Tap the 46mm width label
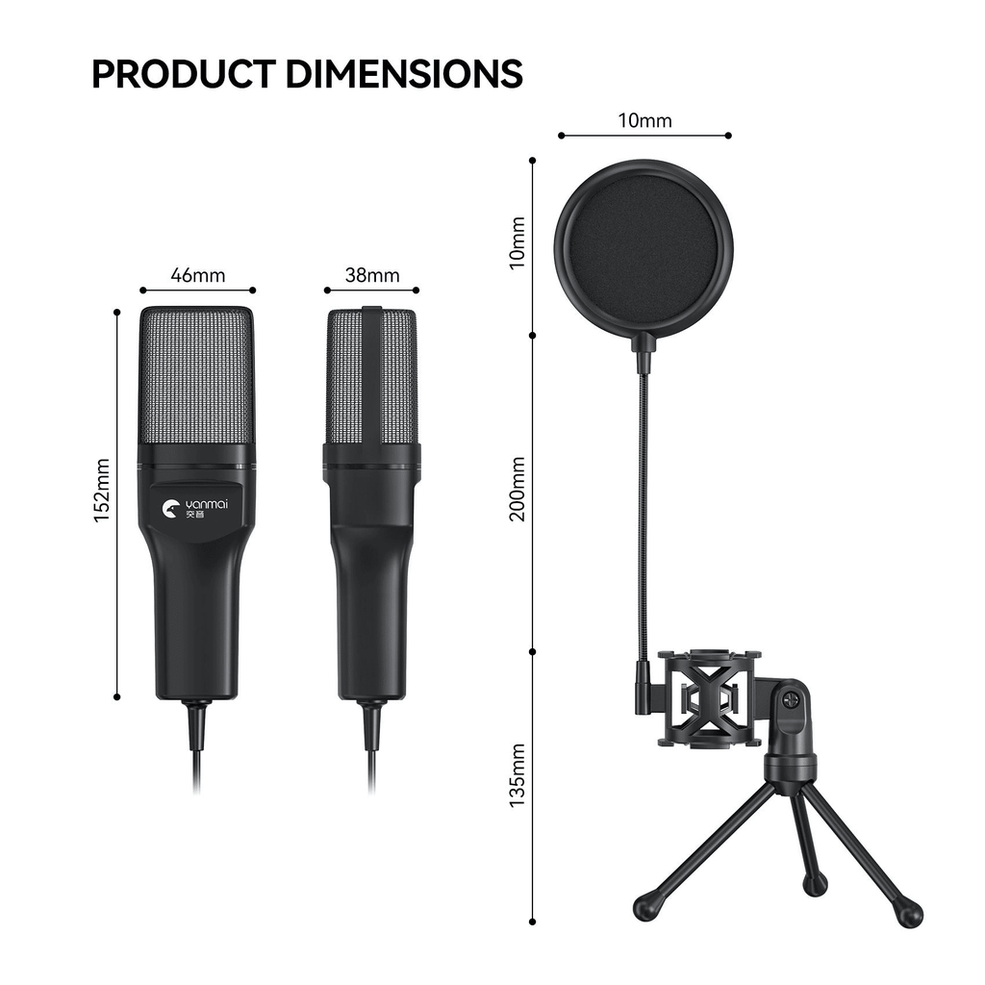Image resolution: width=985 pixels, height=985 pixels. [197, 275]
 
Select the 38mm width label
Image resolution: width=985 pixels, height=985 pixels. [371, 275]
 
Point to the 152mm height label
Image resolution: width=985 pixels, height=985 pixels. [102, 491]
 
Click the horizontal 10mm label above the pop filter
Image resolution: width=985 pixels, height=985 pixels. [644, 120]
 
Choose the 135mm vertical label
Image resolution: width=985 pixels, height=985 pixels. [518, 774]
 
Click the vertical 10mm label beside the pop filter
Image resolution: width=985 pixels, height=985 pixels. [518, 243]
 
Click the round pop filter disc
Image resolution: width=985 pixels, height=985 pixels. [644, 247]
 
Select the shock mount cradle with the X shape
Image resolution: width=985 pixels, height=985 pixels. [708, 699]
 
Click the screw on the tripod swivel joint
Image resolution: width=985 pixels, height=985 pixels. [791, 699]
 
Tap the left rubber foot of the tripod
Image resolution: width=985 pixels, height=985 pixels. [644, 907]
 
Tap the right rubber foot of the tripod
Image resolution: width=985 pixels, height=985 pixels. [909, 914]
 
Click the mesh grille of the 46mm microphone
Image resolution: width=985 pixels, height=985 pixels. [197, 380]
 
